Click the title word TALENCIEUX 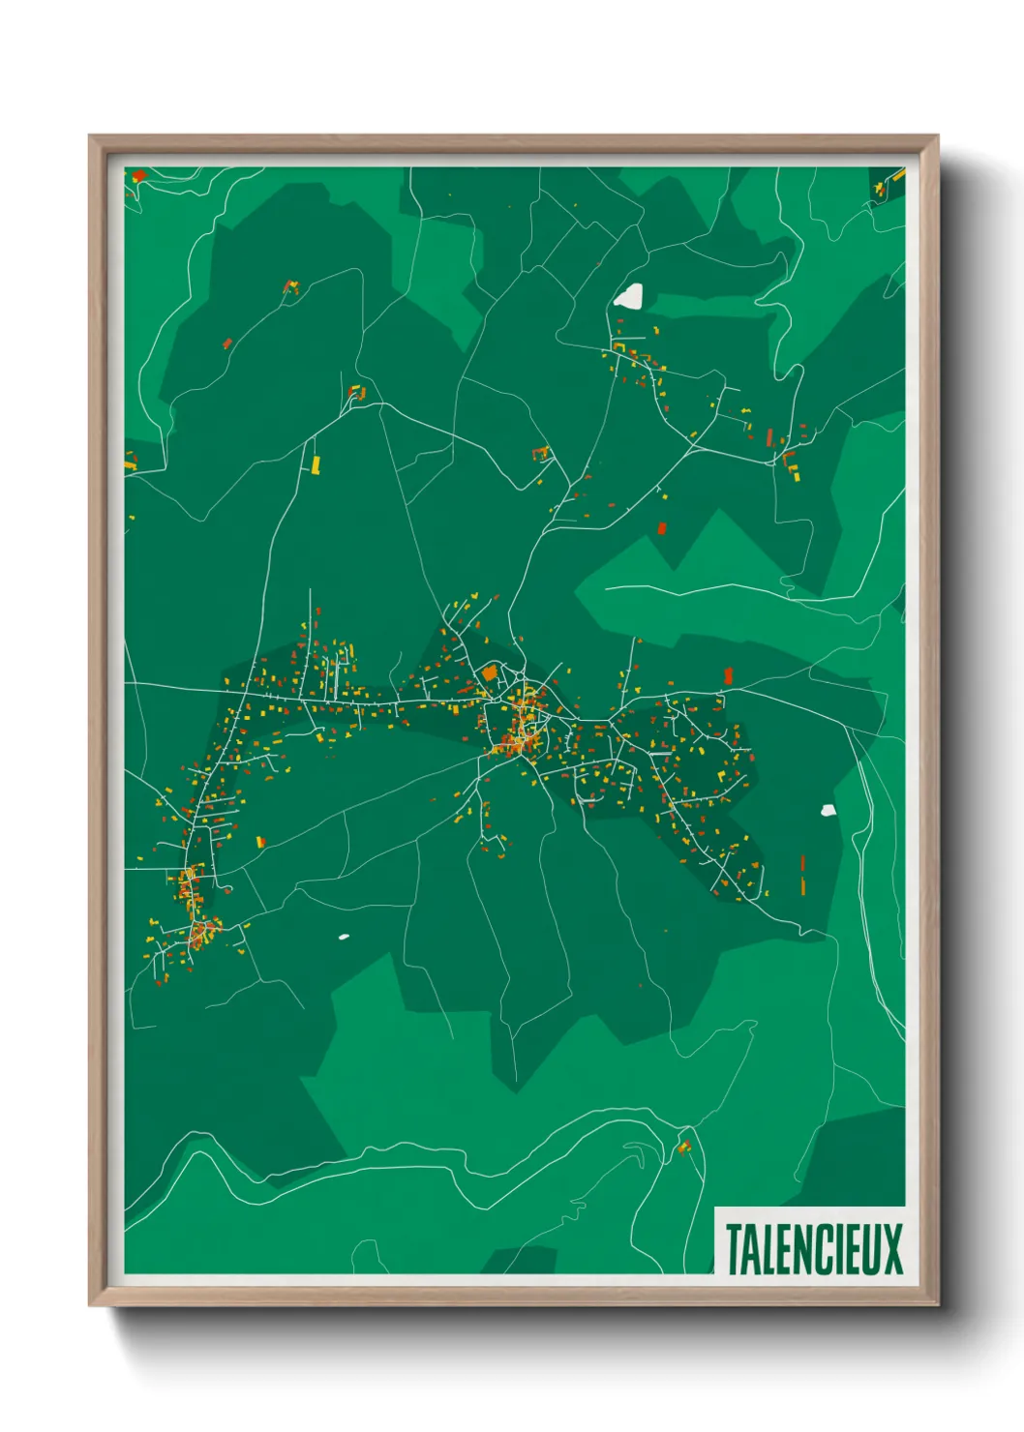(813, 1249)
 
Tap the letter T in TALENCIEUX (733, 1249)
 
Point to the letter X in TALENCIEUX (892, 1249)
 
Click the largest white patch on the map (629, 296)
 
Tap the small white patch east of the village (828, 810)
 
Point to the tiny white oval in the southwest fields (343, 937)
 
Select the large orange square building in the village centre (490, 671)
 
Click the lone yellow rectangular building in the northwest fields (316, 464)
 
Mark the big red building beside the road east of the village (728, 675)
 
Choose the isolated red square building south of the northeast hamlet (662, 528)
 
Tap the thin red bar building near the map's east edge (802, 862)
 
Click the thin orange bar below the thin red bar (802, 884)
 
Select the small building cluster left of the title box (684, 1148)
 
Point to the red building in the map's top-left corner (138, 175)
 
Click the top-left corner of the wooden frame (89, 135)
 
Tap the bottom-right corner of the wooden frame (939, 1305)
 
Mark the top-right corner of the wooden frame (938, 135)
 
